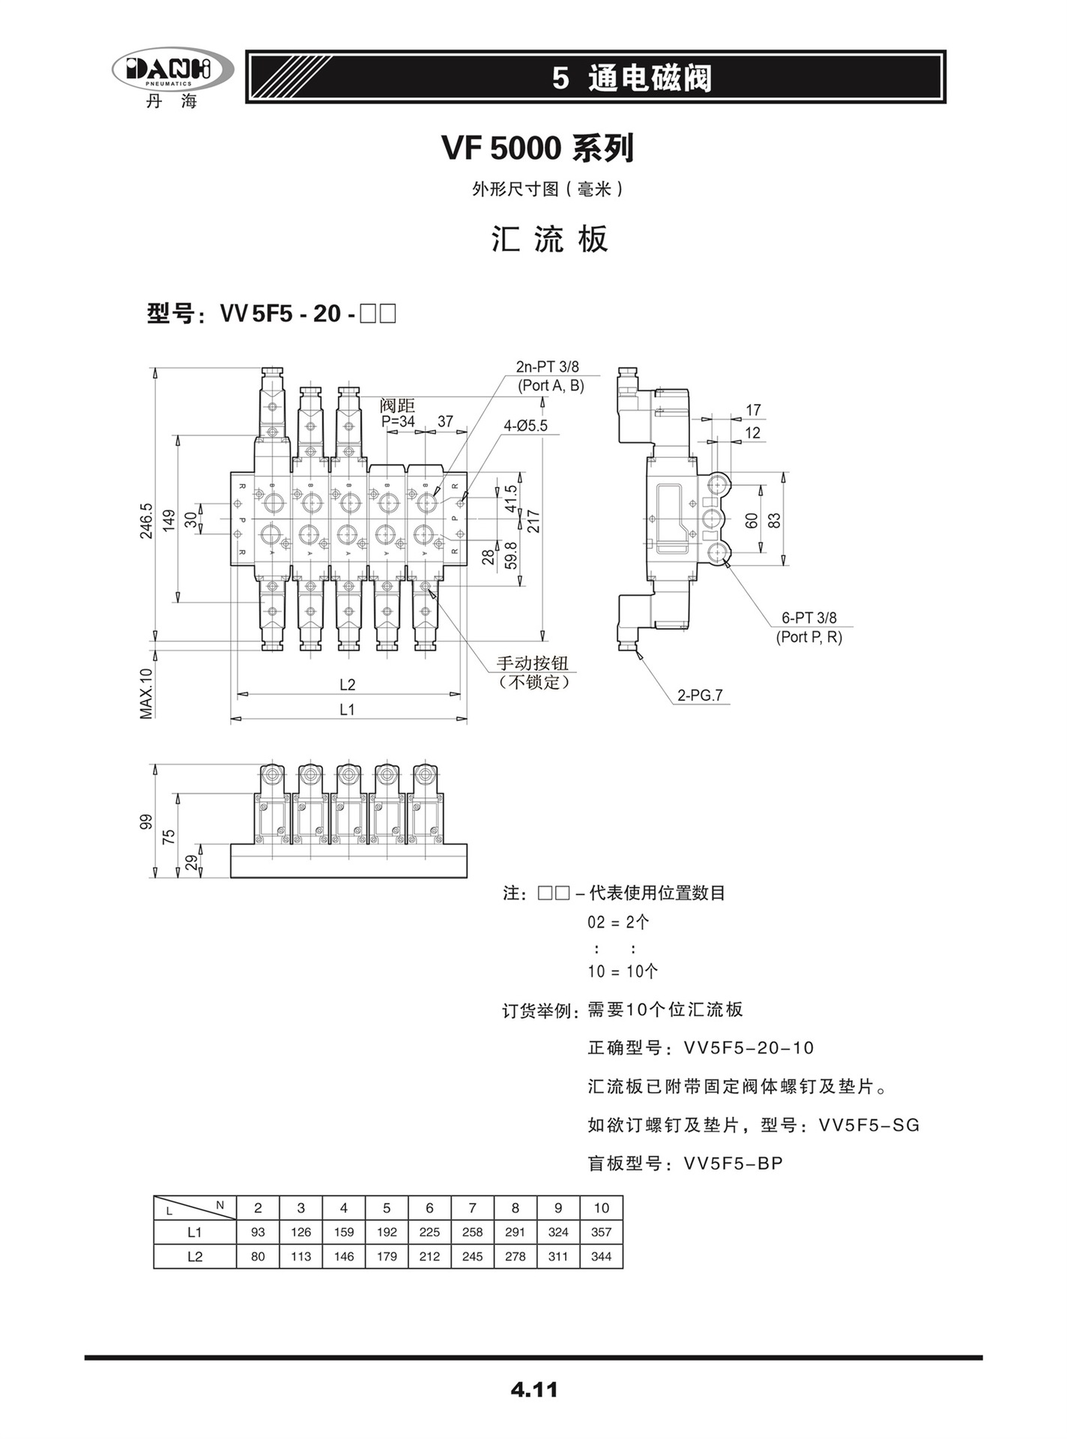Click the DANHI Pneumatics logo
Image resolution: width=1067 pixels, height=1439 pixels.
point(172,74)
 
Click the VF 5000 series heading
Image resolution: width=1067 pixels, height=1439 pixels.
point(537,148)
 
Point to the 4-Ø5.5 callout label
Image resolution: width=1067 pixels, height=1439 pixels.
point(525,426)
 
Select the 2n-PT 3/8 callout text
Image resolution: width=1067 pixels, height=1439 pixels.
point(548,367)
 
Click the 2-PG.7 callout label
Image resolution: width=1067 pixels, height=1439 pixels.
point(700,695)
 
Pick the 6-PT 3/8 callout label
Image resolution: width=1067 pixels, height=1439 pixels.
point(808,618)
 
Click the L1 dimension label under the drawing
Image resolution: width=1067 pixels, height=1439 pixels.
point(347,709)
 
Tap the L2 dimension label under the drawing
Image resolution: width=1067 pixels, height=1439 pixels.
point(347,684)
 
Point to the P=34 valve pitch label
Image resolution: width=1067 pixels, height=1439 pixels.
point(398,421)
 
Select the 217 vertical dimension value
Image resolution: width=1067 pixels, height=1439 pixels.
point(533,521)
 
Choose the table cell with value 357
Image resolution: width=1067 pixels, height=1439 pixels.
point(601,1231)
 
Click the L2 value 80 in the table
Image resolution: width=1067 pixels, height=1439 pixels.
point(258,1256)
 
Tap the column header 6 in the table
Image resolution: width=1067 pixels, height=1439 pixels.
point(429,1207)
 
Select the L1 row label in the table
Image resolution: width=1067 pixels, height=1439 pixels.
point(195,1231)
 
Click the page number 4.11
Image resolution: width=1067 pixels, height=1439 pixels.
point(533,1389)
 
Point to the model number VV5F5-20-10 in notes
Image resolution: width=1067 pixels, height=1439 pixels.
point(749,1048)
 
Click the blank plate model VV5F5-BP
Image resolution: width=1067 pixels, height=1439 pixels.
point(734,1163)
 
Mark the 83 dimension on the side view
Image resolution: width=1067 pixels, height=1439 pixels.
point(776,519)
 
